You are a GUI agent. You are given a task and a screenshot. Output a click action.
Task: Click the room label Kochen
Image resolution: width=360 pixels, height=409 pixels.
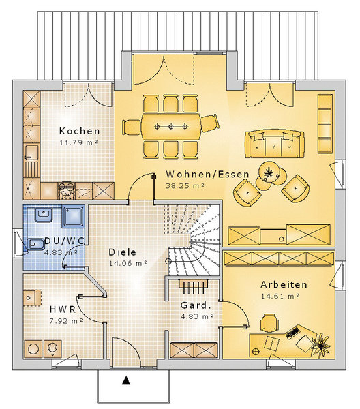(80, 131)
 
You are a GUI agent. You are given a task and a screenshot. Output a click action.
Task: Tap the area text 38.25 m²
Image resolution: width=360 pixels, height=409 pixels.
(185, 185)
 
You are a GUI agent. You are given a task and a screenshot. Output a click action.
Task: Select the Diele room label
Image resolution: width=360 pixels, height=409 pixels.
(122, 252)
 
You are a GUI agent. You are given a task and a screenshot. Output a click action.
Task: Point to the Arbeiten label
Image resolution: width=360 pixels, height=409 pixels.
(284, 284)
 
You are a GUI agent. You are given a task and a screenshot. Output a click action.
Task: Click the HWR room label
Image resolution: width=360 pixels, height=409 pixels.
(63, 309)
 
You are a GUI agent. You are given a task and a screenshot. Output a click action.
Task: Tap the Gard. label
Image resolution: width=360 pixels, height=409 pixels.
(196, 305)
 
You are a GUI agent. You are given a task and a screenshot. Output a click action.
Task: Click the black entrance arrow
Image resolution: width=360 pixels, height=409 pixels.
(126, 380)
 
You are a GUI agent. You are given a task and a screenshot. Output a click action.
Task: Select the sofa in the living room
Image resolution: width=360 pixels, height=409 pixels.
(275, 144)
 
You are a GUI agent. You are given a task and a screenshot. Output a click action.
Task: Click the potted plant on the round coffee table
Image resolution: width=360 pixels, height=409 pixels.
(268, 172)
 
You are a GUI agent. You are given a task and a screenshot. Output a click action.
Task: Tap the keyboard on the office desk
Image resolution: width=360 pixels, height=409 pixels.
(292, 333)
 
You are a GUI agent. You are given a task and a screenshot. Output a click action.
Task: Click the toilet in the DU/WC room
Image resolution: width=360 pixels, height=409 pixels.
(35, 245)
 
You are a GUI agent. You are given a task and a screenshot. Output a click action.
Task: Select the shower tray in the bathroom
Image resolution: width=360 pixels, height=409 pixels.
(74, 216)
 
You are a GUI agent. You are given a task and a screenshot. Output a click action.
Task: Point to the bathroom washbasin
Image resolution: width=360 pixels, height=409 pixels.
(44, 215)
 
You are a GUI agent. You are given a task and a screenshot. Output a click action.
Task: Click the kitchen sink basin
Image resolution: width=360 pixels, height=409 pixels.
(31, 152)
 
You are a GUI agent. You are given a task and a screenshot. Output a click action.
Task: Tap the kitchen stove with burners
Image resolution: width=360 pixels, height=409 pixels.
(67, 191)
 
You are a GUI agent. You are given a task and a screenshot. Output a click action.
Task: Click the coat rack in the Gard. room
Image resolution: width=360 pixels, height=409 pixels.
(194, 287)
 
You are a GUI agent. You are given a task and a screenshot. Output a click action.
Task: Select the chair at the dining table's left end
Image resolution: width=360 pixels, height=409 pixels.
(132, 127)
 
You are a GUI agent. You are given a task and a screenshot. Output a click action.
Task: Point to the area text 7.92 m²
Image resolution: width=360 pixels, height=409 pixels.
(66, 321)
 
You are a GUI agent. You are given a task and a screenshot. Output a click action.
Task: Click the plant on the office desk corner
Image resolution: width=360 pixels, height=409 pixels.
(322, 344)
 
